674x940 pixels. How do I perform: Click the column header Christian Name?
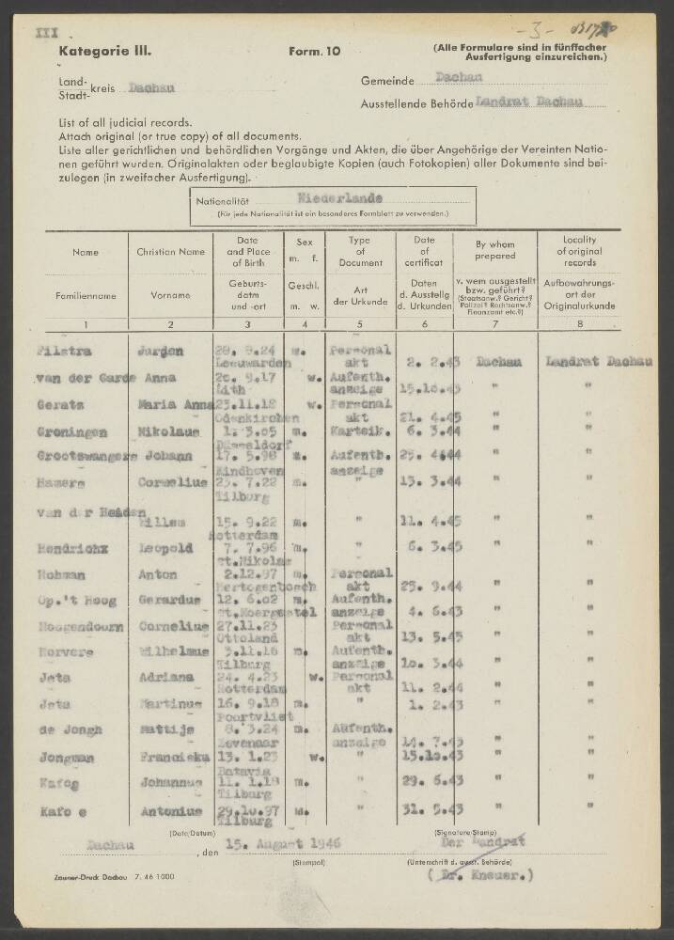click(170, 252)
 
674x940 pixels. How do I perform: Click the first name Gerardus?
click(167, 595)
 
